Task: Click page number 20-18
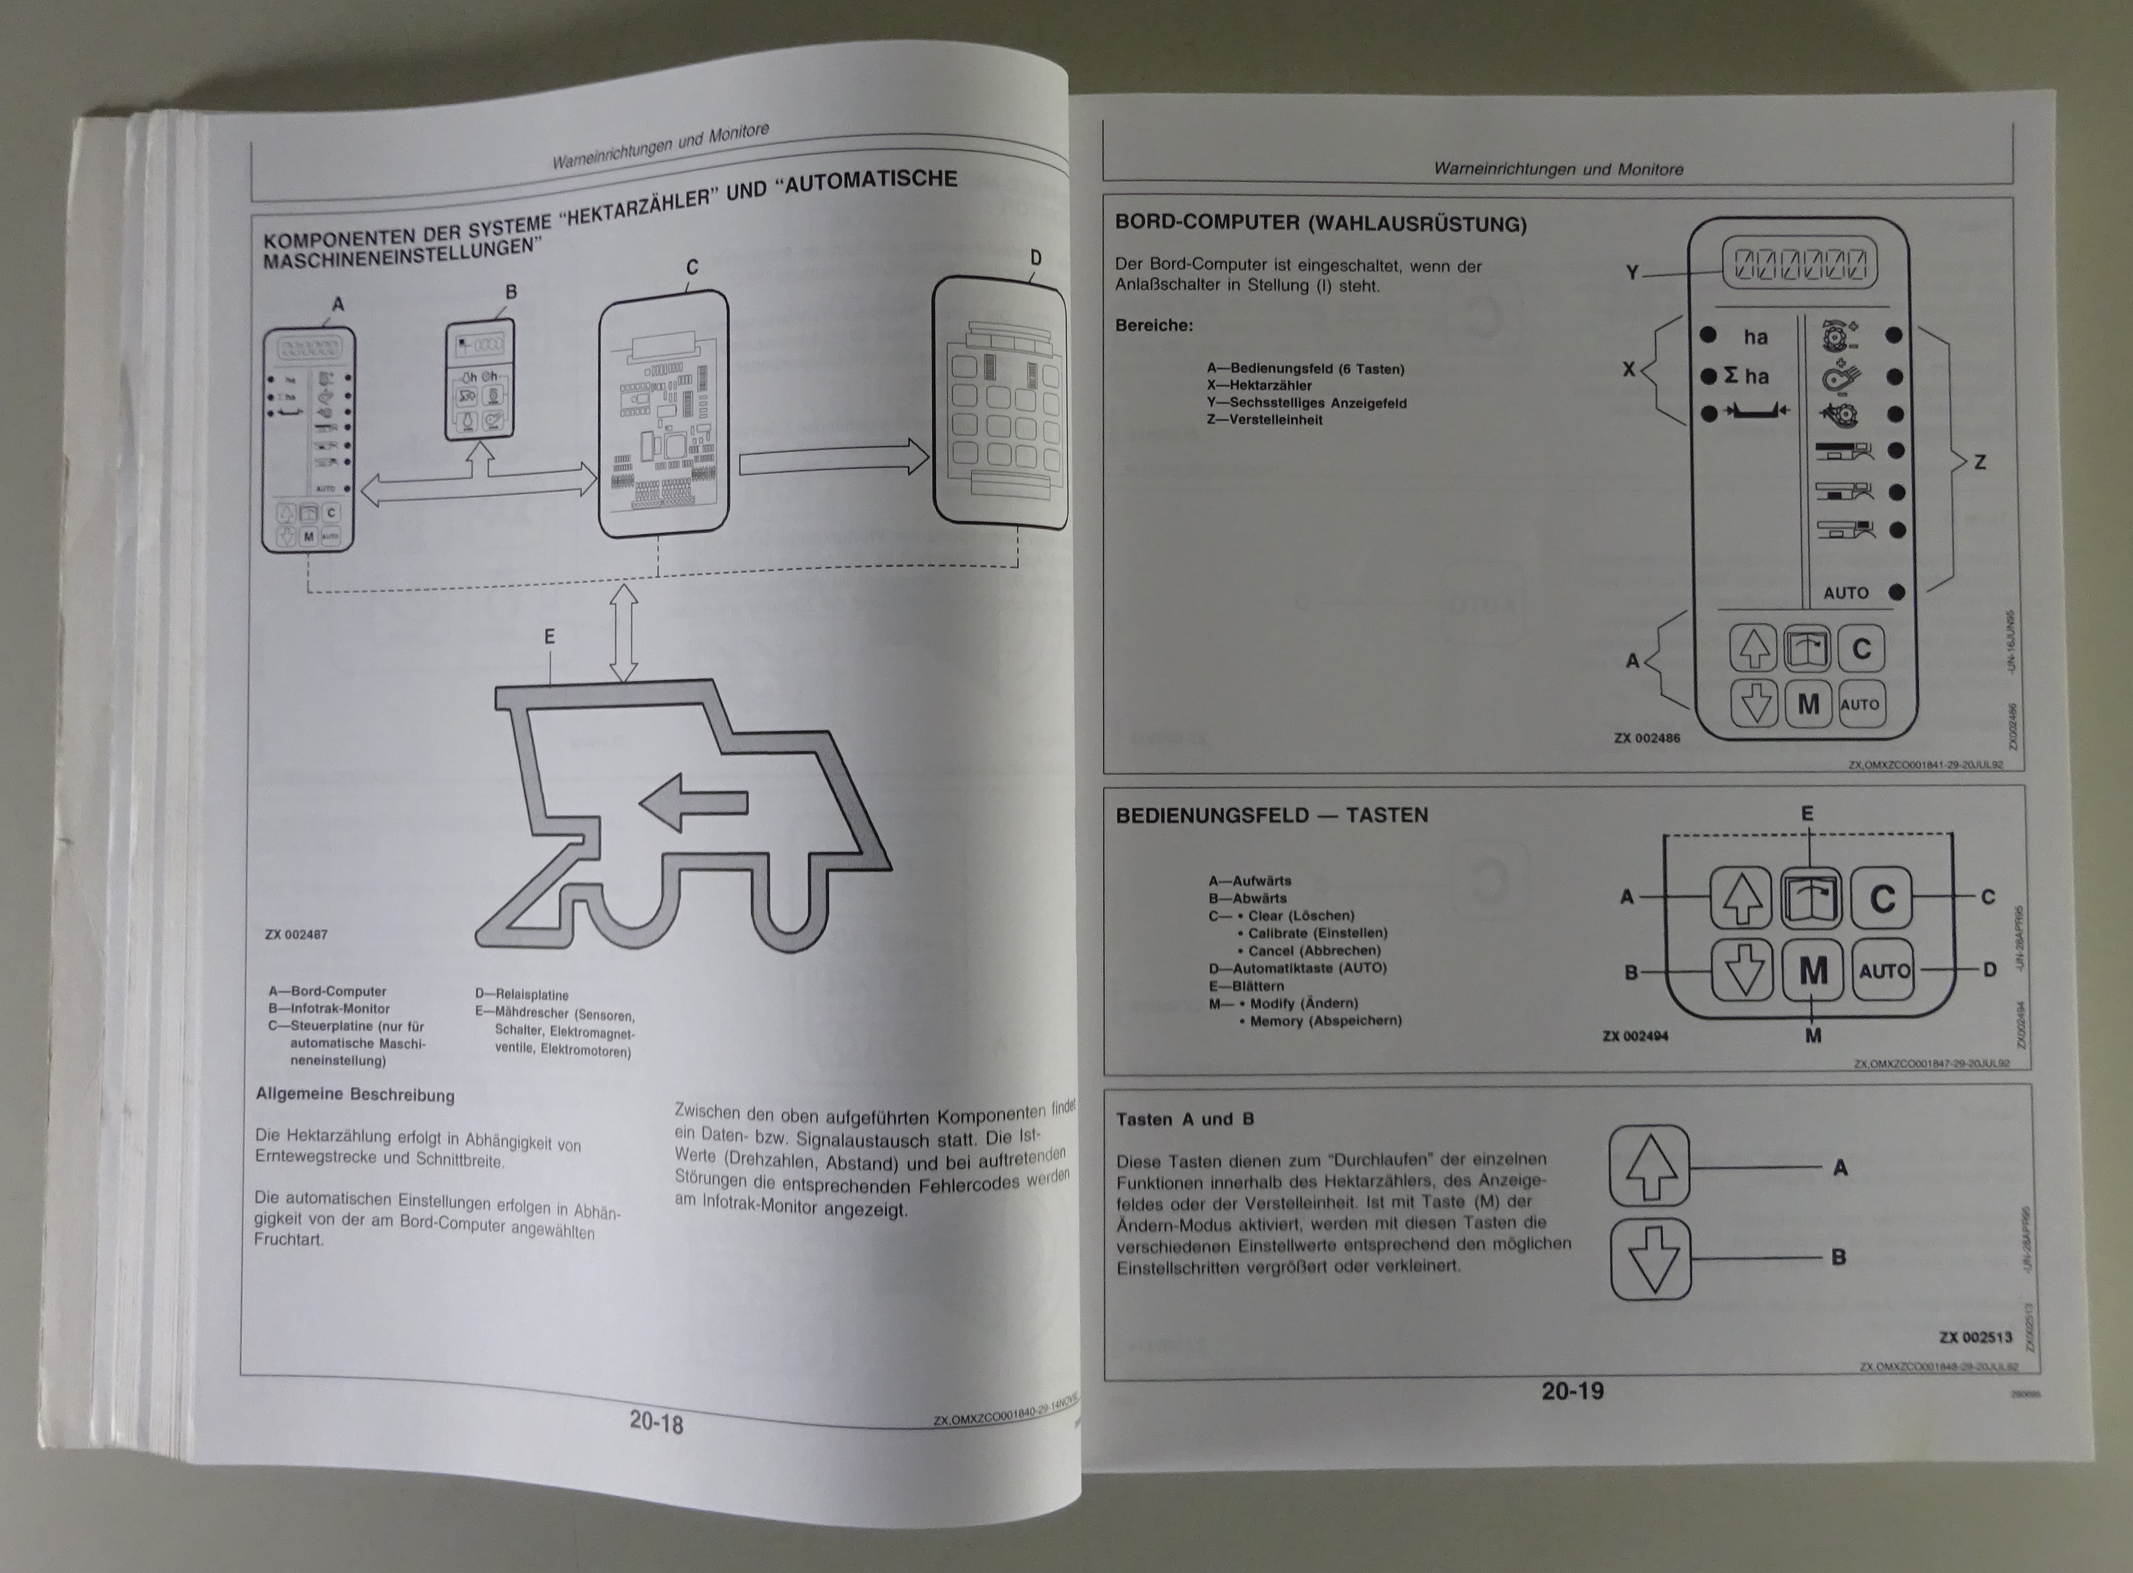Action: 656,1423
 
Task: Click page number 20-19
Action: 1572,1391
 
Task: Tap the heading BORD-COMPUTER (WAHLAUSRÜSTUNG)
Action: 1321,224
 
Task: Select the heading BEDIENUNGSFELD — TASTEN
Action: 1271,815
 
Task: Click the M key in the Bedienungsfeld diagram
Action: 1813,971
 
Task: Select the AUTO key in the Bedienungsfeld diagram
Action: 1884,971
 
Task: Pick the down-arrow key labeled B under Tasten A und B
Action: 1650,1259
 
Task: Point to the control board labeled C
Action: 664,414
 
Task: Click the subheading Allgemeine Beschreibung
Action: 355,1094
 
